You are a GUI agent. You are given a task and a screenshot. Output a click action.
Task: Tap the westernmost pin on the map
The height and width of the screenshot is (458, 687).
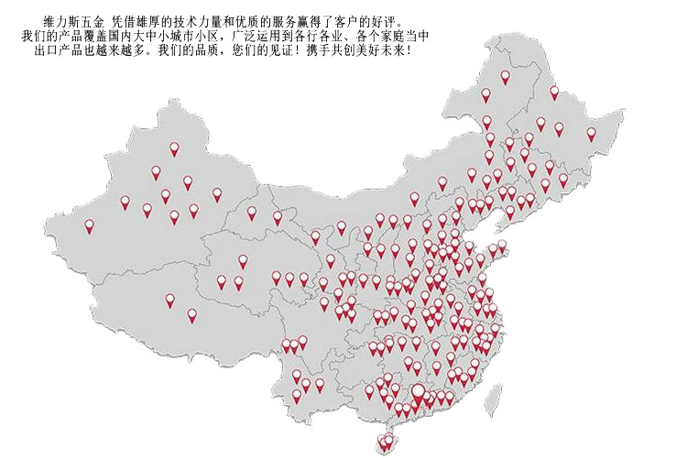pos(89,225)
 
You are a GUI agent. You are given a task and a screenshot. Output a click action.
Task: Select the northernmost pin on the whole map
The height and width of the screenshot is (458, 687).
pos(505,77)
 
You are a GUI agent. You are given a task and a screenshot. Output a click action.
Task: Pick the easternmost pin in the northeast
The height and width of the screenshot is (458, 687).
pos(591,133)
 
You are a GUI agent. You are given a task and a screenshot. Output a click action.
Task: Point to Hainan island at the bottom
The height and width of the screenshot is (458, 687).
pos(386,443)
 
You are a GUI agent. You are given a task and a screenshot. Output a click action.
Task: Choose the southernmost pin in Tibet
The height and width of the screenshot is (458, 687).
pos(191,315)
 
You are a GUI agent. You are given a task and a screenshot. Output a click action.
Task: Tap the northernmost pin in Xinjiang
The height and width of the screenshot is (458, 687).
pos(174,147)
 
